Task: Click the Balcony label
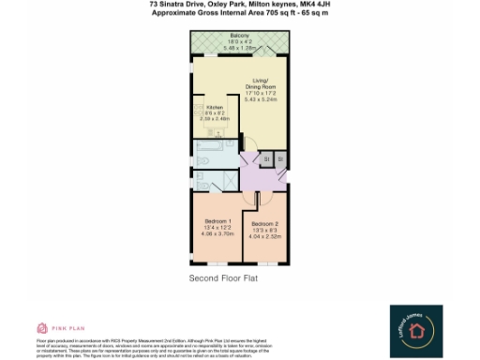(x=238, y=35)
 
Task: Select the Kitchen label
(x=215, y=108)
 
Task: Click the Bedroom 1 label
(x=217, y=221)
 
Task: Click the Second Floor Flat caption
(x=223, y=278)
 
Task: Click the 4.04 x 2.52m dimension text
(x=265, y=237)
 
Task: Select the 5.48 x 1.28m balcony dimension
(x=238, y=47)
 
